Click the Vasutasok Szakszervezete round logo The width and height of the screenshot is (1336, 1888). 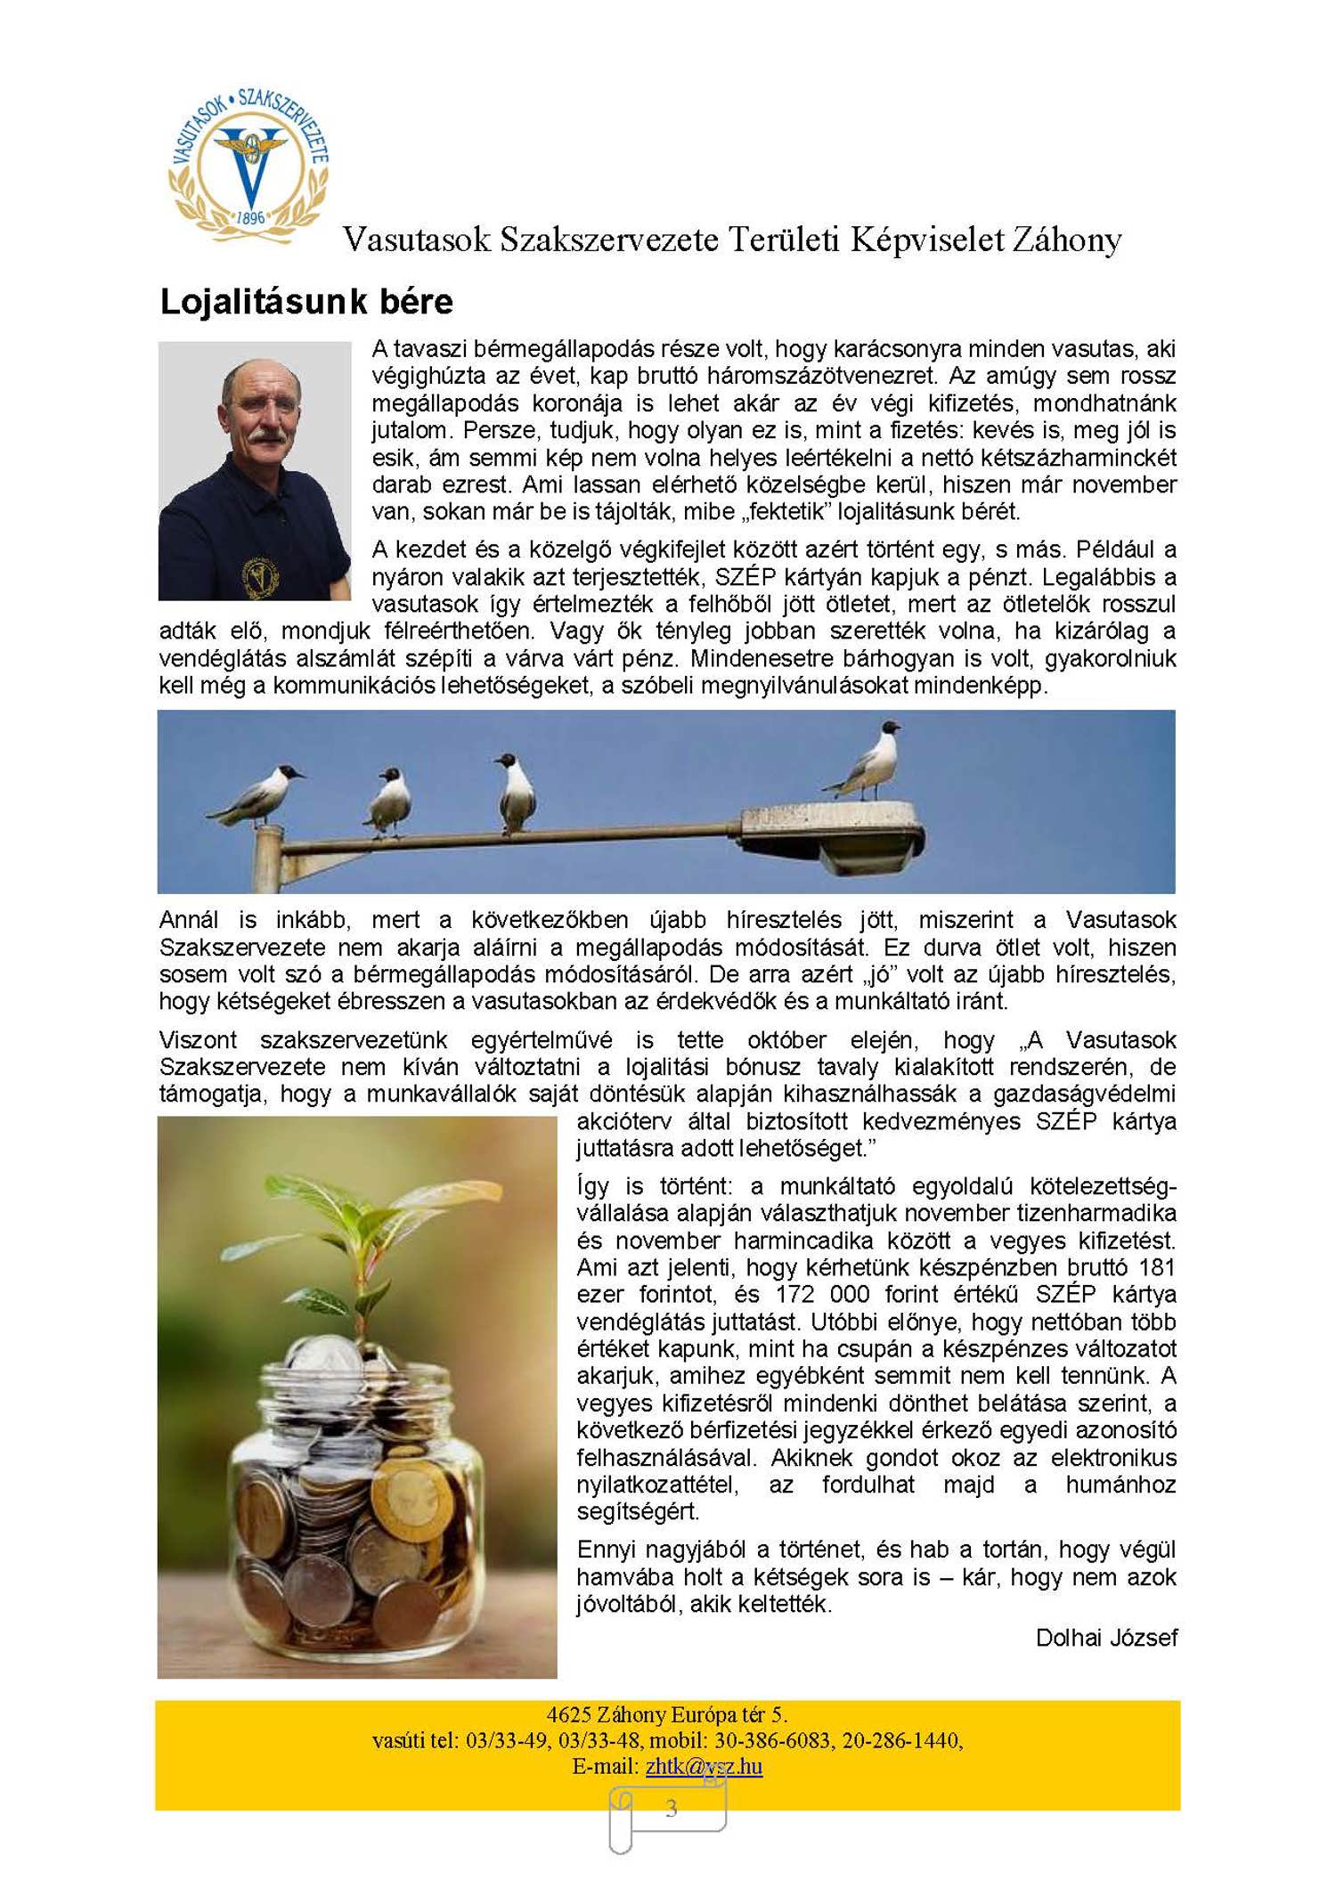pos(248,166)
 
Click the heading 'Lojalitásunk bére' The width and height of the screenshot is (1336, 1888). pos(305,302)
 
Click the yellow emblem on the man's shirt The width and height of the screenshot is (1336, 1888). pos(260,576)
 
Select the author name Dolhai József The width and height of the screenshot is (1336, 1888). pos(1106,1638)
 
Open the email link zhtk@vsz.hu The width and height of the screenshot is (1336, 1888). pos(704,1766)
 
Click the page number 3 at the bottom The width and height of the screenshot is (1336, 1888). pos(671,1808)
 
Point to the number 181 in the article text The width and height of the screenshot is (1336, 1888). pos(1156,1267)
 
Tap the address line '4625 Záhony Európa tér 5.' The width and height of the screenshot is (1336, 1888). pos(666,1714)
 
